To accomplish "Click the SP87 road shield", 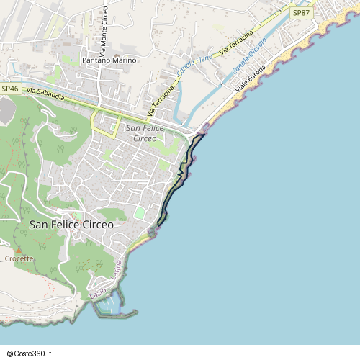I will [x=301, y=13].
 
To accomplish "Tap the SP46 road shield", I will [x=10, y=88].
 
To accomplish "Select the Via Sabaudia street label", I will [x=45, y=91].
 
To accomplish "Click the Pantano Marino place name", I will [x=109, y=60].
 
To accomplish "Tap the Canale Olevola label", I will [x=249, y=55].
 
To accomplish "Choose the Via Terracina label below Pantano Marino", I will [x=161, y=100].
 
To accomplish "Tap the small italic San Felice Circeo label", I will [x=145, y=132].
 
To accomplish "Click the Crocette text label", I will [x=19, y=258].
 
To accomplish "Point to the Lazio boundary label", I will [x=98, y=293].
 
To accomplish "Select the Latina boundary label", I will [x=117, y=276].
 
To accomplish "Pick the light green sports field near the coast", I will [x=140, y=213].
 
